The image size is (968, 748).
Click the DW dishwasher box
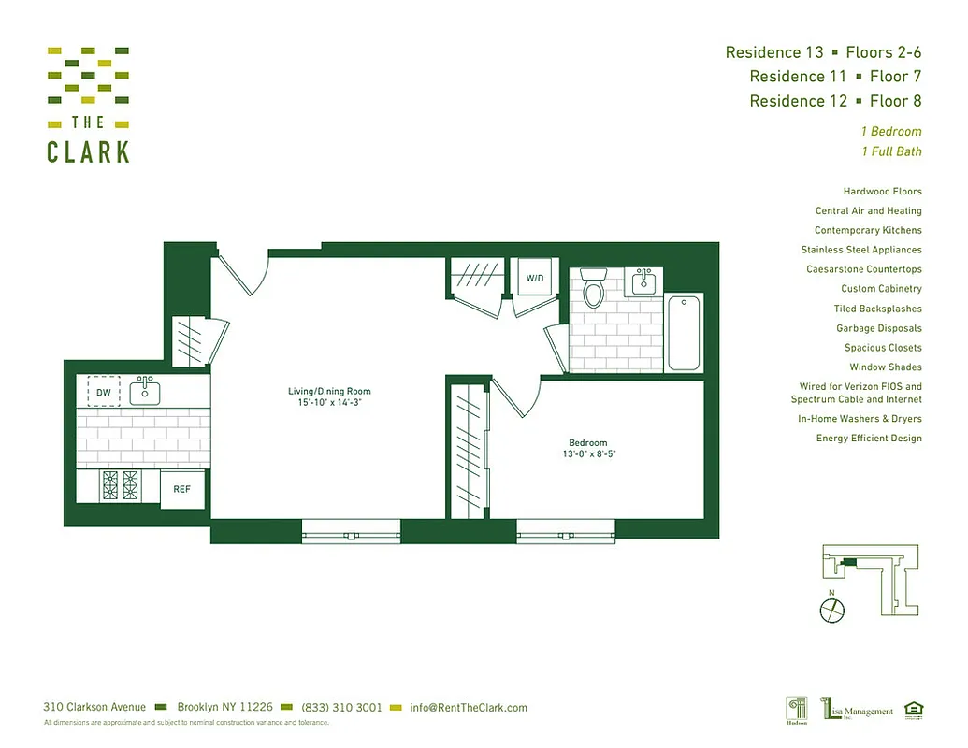coord(103,392)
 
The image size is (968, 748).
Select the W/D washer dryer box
coord(534,278)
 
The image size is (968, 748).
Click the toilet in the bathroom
coord(593,291)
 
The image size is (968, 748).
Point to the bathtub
coord(684,333)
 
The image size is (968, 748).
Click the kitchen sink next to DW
coord(144,391)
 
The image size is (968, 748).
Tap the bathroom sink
coord(643,281)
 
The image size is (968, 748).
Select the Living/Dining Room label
coord(329,391)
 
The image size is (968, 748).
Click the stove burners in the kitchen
coord(120,487)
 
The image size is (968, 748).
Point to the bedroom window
coord(567,535)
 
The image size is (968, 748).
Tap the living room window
coord(352,535)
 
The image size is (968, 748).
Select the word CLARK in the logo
coord(88,152)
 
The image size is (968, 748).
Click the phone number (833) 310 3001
coord(341,708)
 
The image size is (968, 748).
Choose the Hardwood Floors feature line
coord(882,192)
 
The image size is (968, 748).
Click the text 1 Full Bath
coord(891,151)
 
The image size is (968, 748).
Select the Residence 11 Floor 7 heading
coord(835,77)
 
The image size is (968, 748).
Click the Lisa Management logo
coord(858,711)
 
